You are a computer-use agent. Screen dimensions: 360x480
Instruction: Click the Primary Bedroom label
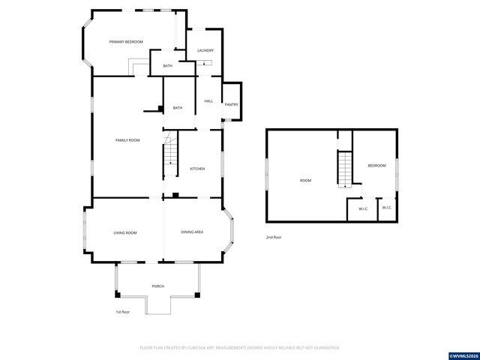tap(126, 42)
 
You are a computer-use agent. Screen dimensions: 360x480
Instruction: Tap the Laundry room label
tap(205, 50)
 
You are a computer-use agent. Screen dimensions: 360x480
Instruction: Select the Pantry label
tap(232, 104)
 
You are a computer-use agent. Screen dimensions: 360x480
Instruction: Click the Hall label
tap(208, 100)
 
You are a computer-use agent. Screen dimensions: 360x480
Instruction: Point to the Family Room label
tap(127, 140)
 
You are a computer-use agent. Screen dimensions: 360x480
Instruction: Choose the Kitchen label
tap(197, 169)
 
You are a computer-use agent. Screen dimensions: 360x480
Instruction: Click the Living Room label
tap(125, 233)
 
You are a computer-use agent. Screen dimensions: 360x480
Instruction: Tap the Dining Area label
tap(192, 232)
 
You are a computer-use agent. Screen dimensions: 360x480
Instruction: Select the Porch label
tap(158, 286)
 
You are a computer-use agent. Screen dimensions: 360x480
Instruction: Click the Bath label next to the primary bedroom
tap(168, 66)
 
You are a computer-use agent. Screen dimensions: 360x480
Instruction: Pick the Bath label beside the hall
tap(178, 108)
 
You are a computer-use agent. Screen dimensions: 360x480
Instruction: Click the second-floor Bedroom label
tap(376, 165)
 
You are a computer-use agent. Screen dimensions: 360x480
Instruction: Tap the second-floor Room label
tap(305, 180)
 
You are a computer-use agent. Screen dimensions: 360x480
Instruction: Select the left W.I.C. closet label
tap(362, 209)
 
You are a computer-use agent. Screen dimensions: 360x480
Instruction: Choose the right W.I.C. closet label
tap(386, 208)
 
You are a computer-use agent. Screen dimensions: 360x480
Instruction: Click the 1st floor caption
tap(122, 312)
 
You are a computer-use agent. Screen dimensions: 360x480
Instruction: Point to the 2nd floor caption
tap(274, 237)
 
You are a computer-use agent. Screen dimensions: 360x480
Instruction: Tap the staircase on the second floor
tap(344, 169)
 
